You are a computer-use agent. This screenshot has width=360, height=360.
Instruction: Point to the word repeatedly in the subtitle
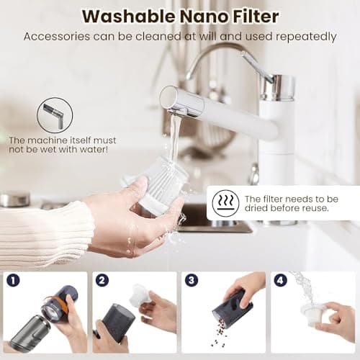(x=303, y=36)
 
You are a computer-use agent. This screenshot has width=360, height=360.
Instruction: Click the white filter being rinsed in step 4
(x=313, y=315)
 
